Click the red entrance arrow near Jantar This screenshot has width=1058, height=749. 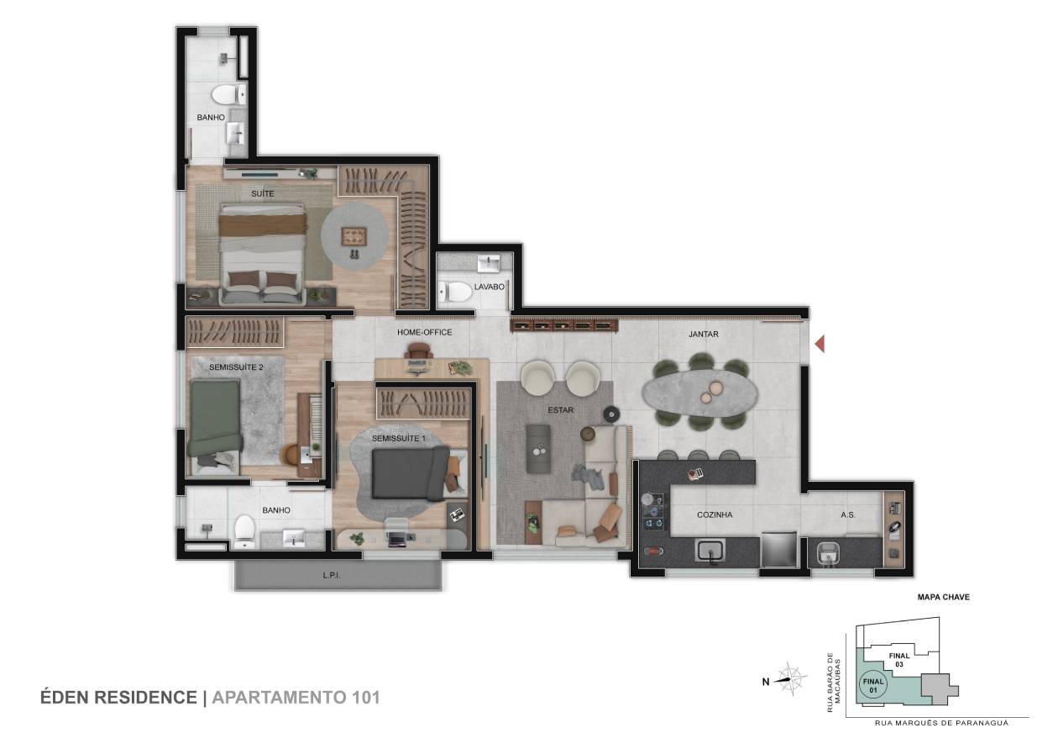pos(820,343)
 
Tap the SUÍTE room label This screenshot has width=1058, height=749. pos(262,193)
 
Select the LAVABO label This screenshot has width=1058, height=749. pos(489,287)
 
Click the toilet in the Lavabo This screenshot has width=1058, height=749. pos(454,291)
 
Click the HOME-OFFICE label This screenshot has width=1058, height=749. pos(424,332)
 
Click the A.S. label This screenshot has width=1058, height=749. pos(848,515)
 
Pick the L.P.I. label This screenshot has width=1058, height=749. pos(332,576)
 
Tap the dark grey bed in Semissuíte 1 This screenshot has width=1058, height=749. pos(410,474)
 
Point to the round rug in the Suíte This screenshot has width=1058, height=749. pos(355,236)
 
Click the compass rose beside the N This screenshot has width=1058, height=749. pos(789,679)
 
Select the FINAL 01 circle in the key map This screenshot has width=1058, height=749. pos(873,686)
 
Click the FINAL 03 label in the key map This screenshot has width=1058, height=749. pos(898,660)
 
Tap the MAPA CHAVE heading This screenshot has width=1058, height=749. pos(943,597)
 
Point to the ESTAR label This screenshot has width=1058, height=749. pos(561,410)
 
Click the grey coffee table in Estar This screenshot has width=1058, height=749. pos(538,448)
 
